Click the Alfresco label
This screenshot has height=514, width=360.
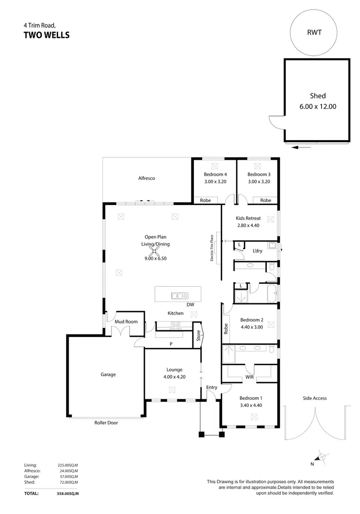(146, 178)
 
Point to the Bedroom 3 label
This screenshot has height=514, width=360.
(259, 174)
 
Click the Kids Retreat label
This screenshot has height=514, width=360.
(248, 218)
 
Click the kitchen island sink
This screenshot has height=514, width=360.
(176, 295)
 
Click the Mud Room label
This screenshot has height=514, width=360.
(126, 322)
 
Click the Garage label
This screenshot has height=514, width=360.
(108, 374)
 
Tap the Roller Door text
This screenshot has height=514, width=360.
(106, 423)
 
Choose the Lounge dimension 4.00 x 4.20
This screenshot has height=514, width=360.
(174, 377)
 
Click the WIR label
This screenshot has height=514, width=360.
(250, 377)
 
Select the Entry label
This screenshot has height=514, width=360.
(212, 387)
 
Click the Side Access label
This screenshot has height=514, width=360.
(314, 398)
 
